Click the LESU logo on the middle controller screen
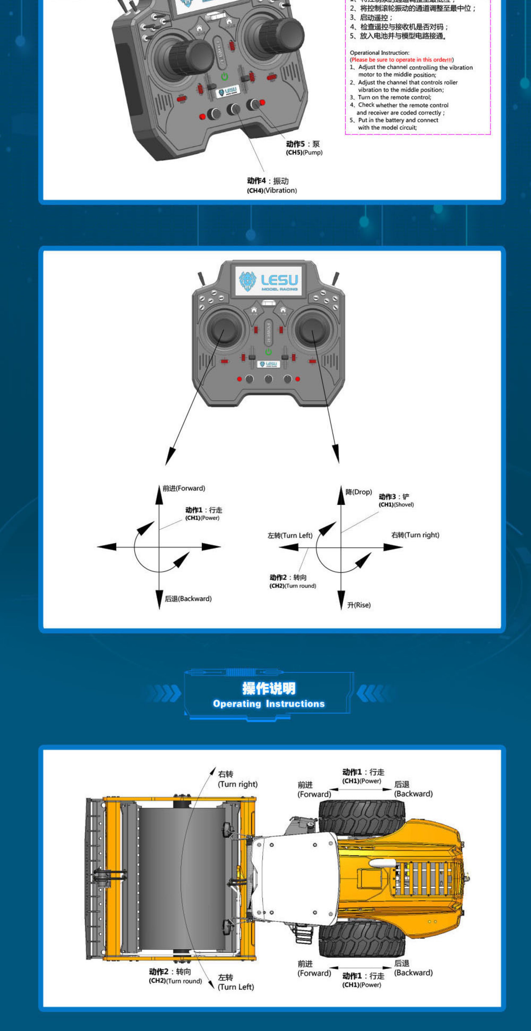pos(268,281)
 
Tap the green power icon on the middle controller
pos(268,352)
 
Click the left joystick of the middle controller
pos(224,329)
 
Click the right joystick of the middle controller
pos(313,329)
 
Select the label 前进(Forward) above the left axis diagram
pos(184,488)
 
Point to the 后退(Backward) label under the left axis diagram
pos(188,599)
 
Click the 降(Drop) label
pos(359,492)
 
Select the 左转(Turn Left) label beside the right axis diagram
pos(290,535)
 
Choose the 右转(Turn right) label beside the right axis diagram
pos(415,535)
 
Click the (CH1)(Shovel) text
pos(396,505)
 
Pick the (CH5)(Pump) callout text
pos(304,152)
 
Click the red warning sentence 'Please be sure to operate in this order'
pos(401,60)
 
